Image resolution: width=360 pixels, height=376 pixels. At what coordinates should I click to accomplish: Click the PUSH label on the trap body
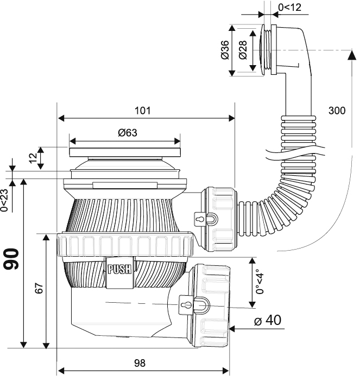pos(120,269)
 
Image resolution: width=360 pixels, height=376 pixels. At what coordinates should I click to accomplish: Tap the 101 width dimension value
pos(143,111)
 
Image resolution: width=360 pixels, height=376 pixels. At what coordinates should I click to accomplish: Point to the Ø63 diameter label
pos(128,132)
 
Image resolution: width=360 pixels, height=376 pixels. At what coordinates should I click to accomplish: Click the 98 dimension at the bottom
pos(140,363)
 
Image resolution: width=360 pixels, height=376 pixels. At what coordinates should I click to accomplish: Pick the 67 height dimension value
pos(39,288)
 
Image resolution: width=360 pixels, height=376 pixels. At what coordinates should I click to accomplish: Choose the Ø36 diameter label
pos(225,50)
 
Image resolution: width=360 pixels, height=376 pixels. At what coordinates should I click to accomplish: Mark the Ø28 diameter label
pos(243,50)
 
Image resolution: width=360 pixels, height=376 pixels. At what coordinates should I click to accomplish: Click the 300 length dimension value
pos(337,111)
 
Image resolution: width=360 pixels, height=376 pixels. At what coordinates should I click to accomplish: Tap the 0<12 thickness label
pos(289,8)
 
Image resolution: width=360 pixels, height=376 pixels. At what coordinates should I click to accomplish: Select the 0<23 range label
pos(4,200)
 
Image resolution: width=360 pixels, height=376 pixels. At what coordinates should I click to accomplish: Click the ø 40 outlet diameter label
pos(268,320)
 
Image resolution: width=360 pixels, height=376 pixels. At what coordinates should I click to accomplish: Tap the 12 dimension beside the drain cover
pos(33,158)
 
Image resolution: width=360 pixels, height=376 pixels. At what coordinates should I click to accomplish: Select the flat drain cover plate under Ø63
pos(125,152)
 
